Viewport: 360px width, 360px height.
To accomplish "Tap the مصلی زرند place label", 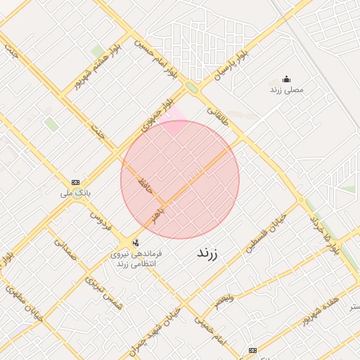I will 286,90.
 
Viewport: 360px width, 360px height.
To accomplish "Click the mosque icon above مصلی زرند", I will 286,79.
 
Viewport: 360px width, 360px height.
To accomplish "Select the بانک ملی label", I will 76,192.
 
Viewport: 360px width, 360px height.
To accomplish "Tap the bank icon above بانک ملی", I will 76,181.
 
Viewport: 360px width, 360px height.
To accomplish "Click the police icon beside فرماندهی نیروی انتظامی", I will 136,243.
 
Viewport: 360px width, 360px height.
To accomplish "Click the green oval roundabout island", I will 191,88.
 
